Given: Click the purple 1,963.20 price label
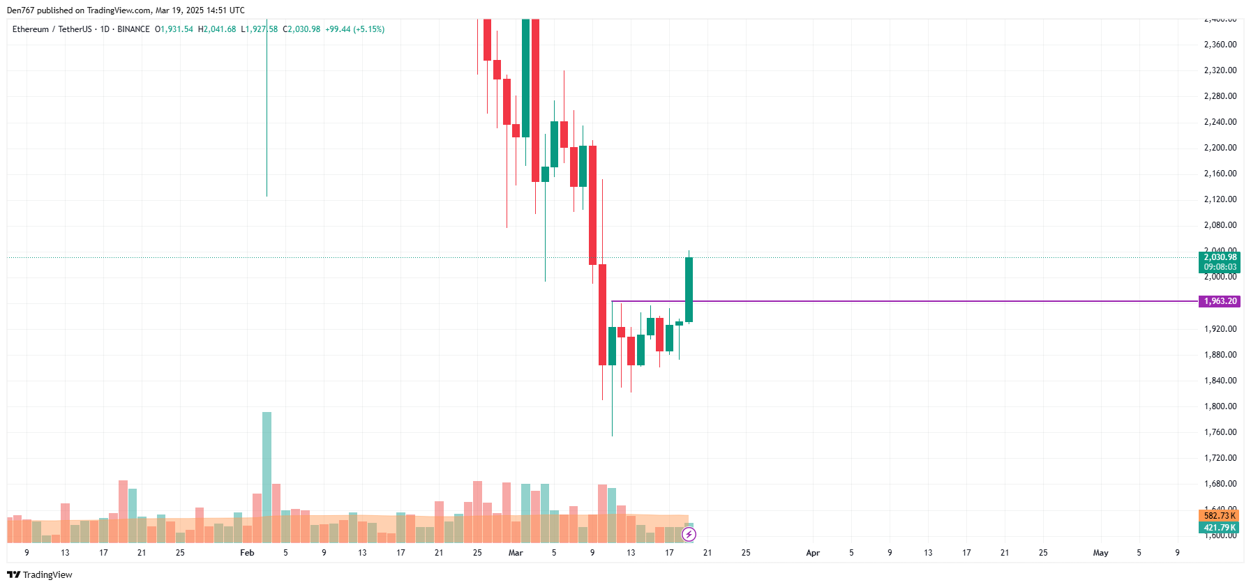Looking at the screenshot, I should point(1220,301).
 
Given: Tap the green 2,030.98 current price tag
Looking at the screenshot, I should point(1220,258).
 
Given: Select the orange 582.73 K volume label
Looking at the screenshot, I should point(1220,516).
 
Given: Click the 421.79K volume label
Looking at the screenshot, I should point(1220,528).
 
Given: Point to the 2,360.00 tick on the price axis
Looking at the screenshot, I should point(1220,45).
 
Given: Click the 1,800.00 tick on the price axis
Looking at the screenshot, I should point(1220,406).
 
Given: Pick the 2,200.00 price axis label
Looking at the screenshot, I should point(1220,148).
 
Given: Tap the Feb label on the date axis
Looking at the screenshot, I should point(247,553).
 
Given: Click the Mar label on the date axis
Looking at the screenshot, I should point(516,553).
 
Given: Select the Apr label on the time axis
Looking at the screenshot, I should point(813,553).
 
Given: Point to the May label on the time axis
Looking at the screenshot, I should point(1100,553).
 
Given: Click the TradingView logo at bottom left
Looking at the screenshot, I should point(40,574).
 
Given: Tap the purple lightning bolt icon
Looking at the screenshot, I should point(689,535).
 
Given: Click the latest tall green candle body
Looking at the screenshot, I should point(689,289).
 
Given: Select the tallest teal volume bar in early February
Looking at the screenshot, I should point(267,474).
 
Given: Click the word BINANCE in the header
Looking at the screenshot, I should point(133,29).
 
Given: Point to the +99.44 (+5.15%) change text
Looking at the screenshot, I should point(354,29).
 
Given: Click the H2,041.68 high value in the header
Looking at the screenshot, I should point(217,29).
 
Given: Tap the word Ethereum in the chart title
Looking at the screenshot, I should point(31,29).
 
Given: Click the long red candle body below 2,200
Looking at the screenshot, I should point(592,205).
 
